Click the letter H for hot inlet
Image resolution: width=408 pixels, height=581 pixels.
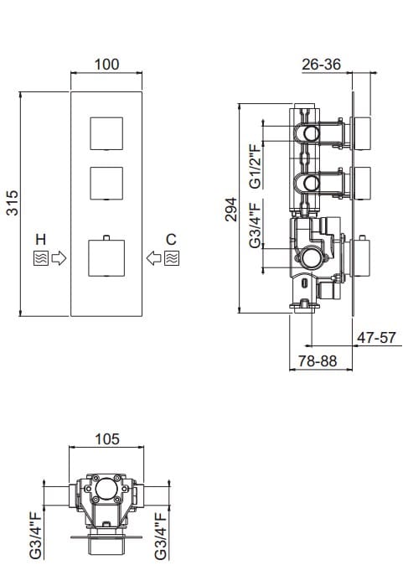tap(41, 239)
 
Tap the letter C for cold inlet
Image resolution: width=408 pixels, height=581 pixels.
tap(171, 239)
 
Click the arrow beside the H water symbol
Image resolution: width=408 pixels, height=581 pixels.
tap(59, 258)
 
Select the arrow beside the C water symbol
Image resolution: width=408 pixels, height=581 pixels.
tap(154, 258)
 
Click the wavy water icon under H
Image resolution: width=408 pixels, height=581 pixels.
tap(41, 258)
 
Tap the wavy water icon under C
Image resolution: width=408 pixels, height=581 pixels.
tap(171, 258)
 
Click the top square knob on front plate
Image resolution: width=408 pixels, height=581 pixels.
tap(106, 134)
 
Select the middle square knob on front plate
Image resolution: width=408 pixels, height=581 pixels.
tap(106, 184)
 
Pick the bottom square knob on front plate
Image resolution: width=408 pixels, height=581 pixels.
tap(106, 257)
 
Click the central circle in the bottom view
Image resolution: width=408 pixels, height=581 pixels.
tap(106, 490)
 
